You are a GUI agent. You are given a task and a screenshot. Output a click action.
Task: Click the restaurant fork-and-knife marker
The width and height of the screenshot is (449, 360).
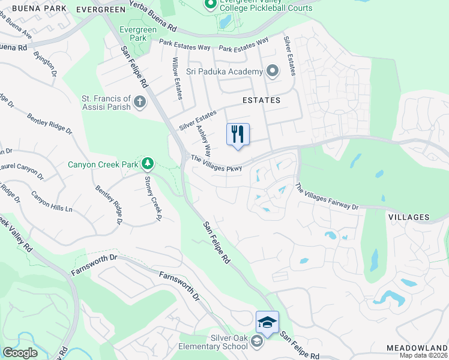238,134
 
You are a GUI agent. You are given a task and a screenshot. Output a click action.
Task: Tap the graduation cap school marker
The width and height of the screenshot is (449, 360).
267,323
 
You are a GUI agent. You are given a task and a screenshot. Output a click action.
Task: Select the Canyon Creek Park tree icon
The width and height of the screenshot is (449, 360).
147,163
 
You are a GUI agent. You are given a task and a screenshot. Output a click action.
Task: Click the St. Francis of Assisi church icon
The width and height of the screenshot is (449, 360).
140,101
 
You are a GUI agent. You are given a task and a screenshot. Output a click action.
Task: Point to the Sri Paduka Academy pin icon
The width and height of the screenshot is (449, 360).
273,72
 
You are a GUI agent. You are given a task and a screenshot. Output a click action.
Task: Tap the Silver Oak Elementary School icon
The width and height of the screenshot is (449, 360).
257,342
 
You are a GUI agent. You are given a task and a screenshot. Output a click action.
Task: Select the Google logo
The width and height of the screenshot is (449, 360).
20,353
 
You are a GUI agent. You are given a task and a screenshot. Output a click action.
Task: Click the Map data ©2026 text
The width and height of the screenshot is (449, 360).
423,355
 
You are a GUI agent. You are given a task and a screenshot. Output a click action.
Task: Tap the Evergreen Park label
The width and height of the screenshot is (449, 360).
133,34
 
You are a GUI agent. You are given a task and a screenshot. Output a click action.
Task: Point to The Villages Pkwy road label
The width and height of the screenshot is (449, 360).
216,164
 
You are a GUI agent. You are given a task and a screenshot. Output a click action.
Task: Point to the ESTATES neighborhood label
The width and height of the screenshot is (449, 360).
261,100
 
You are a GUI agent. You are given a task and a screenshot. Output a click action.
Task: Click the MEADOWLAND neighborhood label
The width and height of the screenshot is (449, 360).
417,347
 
